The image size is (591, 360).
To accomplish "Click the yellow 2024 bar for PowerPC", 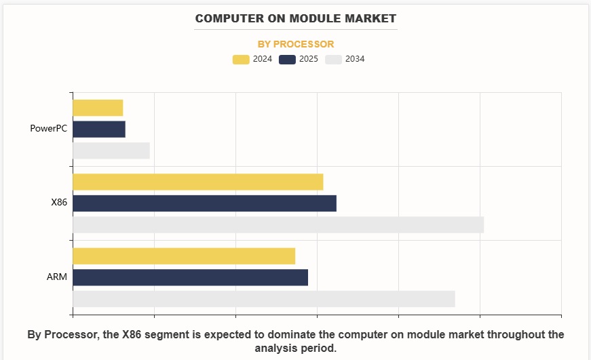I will [98, 108].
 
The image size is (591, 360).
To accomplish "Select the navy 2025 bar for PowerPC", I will [99, 129].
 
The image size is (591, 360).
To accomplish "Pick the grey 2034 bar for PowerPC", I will [111, 151].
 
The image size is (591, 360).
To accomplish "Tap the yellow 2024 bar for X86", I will [197, 182].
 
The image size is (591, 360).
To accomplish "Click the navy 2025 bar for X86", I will [204, 203].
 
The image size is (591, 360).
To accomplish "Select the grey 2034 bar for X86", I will [278, 224].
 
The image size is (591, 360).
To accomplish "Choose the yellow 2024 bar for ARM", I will [184, 256].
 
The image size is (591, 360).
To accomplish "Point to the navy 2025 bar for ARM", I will [190, 277].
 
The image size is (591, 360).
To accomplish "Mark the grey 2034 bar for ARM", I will [263, 298].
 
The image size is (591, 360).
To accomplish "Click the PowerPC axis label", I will [49, 129].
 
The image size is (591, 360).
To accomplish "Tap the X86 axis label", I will [59, 203].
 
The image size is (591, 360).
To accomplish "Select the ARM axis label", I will [57, 277].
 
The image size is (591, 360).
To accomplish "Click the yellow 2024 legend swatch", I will [241, 60].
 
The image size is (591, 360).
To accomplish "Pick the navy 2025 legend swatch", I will [287, 60].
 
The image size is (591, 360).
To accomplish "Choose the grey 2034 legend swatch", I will [333, 60].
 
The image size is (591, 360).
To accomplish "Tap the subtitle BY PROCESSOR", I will [296, 44].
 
